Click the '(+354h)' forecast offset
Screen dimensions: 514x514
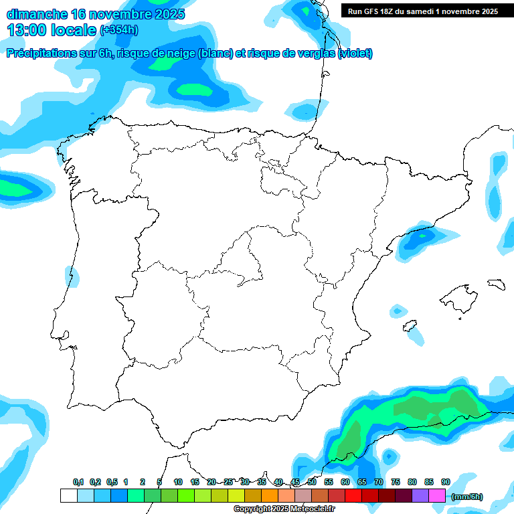tap(118, 31)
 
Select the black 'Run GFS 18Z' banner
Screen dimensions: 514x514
tap(423, 11)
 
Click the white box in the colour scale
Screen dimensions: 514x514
tap(68, 495)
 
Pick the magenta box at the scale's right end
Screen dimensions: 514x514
tap(437, 495)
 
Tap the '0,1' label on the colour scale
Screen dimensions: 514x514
tap(78, 483)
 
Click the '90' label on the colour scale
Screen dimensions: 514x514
tap(446, 483)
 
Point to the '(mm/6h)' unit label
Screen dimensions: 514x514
tap(466, 497)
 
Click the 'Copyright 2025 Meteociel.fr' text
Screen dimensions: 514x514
tap(284, 509)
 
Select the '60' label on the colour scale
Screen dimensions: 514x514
tap(345, 483)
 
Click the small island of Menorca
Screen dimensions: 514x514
tap(496, 284)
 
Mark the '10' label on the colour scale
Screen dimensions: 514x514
tap(178, 483)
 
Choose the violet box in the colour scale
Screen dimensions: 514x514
tap(420, 495)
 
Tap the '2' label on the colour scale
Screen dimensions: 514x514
tap(143, 483)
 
